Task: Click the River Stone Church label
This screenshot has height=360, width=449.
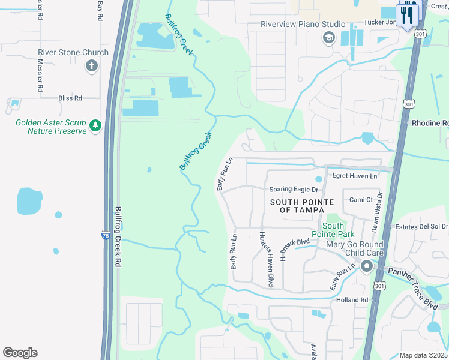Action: pos(73,52)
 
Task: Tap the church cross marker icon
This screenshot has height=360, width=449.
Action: pos(92,65)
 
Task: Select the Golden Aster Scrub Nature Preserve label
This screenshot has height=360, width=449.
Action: pos(51,127)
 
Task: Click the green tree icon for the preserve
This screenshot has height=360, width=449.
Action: pos(95,125)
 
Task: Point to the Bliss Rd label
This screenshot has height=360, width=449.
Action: pos(70,98)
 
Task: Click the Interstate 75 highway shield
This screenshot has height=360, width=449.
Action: pos(106,236)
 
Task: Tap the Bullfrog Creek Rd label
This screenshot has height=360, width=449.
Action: pos(118,237)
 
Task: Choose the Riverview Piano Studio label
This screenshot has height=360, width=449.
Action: pos(303,24)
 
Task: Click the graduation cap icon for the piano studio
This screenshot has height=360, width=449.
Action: pos(328,38)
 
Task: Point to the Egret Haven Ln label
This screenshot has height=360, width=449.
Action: pos(355,176)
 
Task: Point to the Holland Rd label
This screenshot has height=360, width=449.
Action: pos(352,299)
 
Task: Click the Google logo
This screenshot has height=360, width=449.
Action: pos(20,353)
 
